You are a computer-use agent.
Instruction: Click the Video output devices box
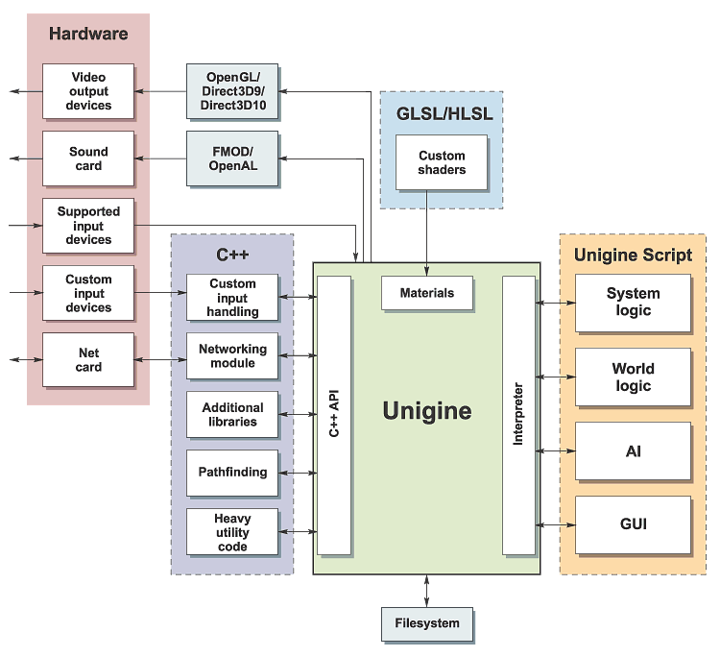pos(88,91)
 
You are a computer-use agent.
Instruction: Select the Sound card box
pos(88,158)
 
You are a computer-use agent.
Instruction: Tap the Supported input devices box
pos(88,226)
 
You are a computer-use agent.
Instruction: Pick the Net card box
pos(88,360)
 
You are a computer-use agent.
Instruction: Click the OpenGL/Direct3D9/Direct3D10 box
pos(232,91)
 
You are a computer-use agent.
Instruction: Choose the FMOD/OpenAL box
pos(232,158)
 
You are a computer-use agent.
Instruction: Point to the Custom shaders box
pos(442,162)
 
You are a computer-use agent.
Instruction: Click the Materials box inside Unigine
pos(427,293)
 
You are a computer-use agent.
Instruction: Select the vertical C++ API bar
pos(334,415)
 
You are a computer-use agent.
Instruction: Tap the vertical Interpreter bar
pos(518,415)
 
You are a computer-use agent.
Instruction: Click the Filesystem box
pos(427,623)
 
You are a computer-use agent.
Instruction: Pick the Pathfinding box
pos(232,473)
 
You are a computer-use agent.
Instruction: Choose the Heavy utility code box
pos(232,532)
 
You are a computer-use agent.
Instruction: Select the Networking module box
pos(232,356)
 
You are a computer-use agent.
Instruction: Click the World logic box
pos(633,377)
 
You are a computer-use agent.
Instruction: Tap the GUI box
pos(633,524)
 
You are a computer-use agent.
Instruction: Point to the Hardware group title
pos(88,35)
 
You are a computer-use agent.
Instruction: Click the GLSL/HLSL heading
pos(442,113)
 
